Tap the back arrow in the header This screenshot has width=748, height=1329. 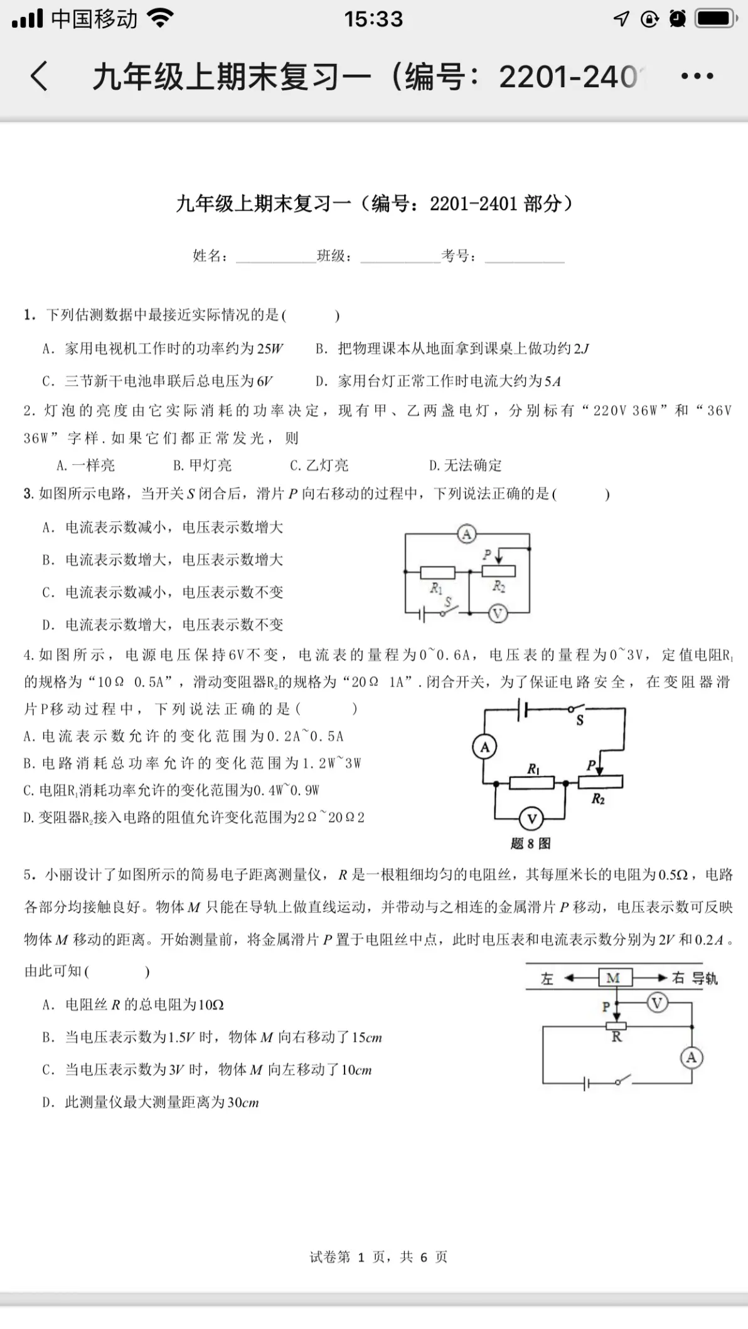coord(39,77)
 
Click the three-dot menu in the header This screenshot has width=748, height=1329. coord(697,77)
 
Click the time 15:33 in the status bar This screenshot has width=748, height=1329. coord(373,19)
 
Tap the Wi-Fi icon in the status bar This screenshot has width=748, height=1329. coord(161,19)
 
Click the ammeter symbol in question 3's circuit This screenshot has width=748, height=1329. coord(466,534)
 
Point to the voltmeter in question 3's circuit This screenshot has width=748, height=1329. coord(498,613)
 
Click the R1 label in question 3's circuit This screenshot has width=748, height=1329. coord(436,588)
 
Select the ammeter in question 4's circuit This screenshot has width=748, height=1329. coord(484,747)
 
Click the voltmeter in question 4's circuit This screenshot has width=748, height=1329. coord(532,818)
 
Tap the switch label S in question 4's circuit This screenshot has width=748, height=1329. coord(580,721)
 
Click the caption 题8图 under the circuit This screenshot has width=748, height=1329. coord(531,844)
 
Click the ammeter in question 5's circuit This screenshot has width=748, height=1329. coord(692,1058)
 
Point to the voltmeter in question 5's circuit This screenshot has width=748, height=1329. coord(657,1003)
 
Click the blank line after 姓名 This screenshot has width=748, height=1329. coord(276,257)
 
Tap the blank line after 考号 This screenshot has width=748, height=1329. coord(525,257)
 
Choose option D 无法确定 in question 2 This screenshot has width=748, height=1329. coord(466,465)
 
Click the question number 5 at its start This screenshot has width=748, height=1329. coord(28,874)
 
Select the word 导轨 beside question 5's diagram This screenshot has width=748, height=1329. coord(704,978)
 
